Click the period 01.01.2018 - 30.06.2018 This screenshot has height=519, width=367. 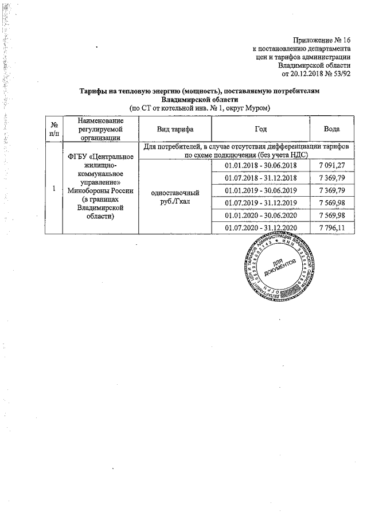[x=260, y=166]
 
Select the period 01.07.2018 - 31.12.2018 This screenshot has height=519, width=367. [x=260, y=178]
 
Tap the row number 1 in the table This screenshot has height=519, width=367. [x=53, y=189]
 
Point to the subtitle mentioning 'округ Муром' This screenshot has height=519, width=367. [x=199, y=108]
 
